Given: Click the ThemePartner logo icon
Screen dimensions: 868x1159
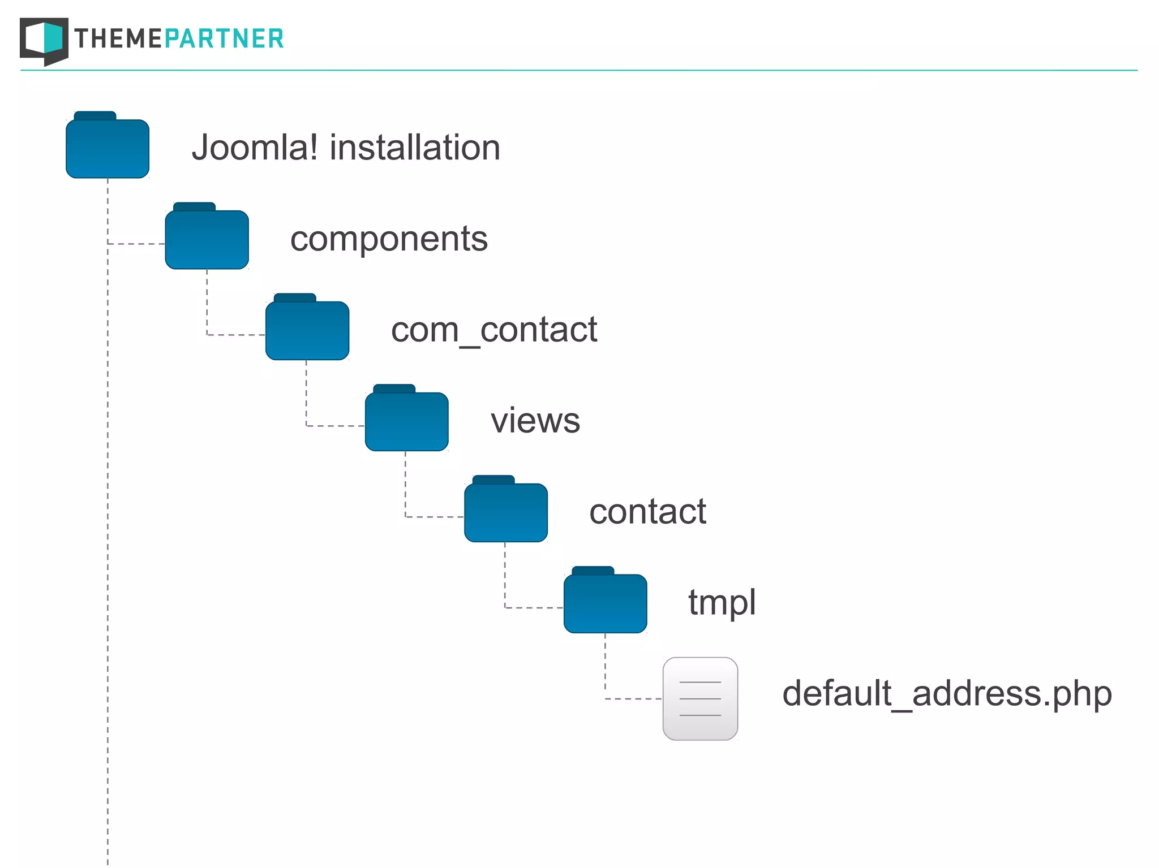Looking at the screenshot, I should [44, 41].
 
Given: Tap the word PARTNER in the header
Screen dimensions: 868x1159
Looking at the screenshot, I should [224, 38].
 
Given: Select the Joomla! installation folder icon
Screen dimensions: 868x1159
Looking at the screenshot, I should [108, 148].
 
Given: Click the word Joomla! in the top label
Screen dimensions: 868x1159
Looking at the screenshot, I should [255, 148].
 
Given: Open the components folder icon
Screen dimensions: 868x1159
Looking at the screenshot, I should [207, 239].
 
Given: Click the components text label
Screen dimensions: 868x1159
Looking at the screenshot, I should [389, 239].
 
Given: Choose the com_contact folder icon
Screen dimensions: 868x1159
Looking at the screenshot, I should [307, 330].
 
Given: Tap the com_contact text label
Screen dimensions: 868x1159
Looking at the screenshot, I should [493, 330].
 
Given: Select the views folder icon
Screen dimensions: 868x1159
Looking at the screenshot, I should [407, 421].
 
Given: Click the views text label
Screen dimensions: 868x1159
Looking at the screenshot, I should [535, 421].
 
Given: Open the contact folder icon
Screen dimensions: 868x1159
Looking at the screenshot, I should [506, 512].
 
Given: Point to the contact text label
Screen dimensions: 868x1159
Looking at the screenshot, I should [647, 512].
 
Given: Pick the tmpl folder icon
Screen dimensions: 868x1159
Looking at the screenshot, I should [606, 603].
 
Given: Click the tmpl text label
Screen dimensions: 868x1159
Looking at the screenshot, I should [722, 603].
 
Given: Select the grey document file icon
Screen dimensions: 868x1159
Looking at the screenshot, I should [700, 699].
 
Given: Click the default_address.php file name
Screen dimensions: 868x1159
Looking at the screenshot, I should [947, 694].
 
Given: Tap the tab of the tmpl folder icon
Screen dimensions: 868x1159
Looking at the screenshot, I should [593, 571].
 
